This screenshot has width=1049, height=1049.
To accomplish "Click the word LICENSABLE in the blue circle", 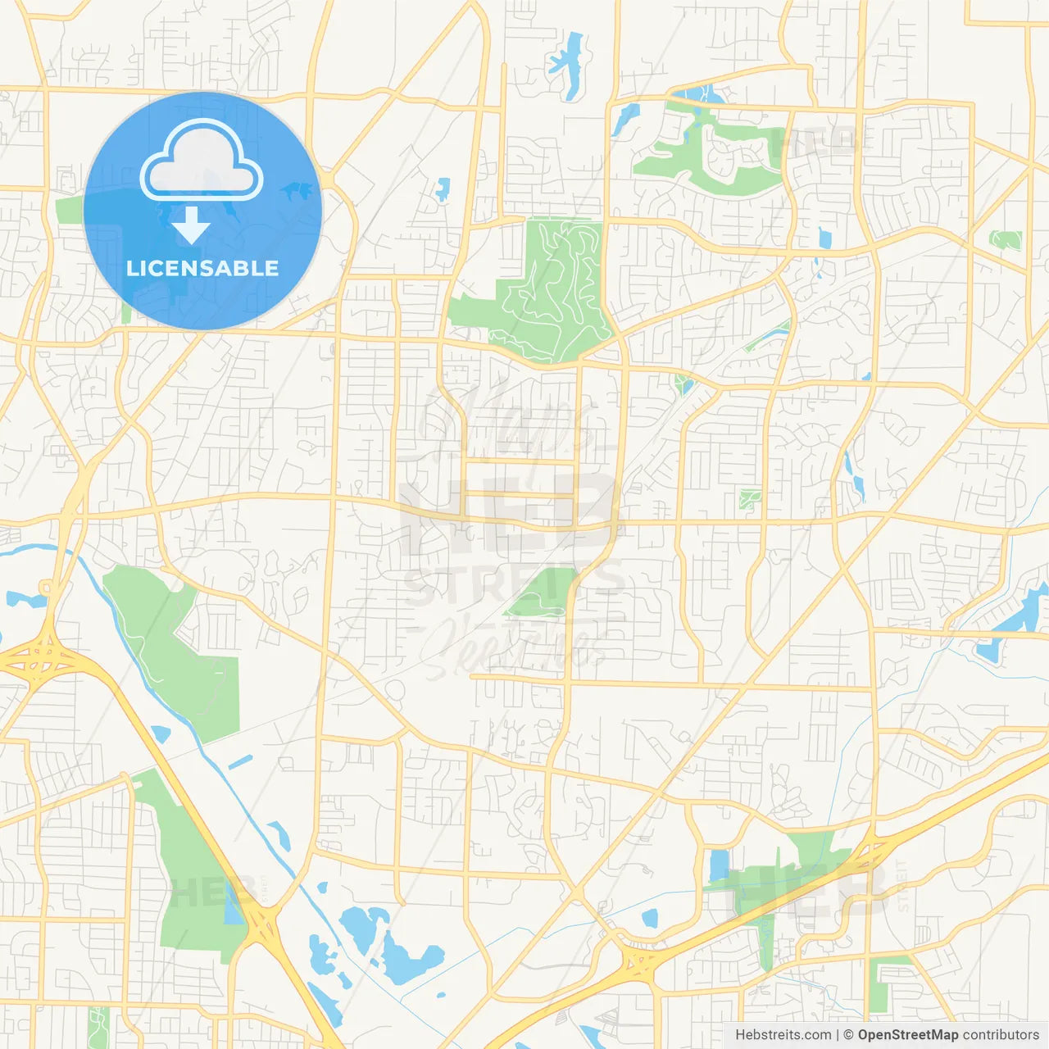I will pyautogui.click(x=202, y=268).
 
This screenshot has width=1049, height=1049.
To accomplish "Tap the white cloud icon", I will pyautogui.click(x=202, y=161).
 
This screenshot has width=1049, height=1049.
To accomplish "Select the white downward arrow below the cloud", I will pyautogui.click(x=191, y=225).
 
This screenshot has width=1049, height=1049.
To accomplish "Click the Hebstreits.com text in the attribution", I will pyautogui.click(x=783, y=1035).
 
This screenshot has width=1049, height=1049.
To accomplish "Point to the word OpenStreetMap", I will pyautogui.click(x=907, y=1035).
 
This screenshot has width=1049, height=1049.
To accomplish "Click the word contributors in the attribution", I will pyautogui.click(x=1001, y=1035).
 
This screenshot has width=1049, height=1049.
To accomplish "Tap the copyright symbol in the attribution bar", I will pyautogui.click(x=848, y=1035).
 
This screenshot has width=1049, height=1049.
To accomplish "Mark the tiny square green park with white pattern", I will pyautogui.click(x=748, y=498).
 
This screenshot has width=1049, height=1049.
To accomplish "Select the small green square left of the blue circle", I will pyautogui.click(x=70, y=210).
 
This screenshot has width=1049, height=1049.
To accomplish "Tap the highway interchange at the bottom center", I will pyautogui.click(x=640, y=958).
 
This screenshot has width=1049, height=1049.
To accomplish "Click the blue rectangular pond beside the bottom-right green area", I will pyautogui.click(x=719, y=865).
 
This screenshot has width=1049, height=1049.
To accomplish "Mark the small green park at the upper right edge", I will pyautogui.click(x=1006, y=240).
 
